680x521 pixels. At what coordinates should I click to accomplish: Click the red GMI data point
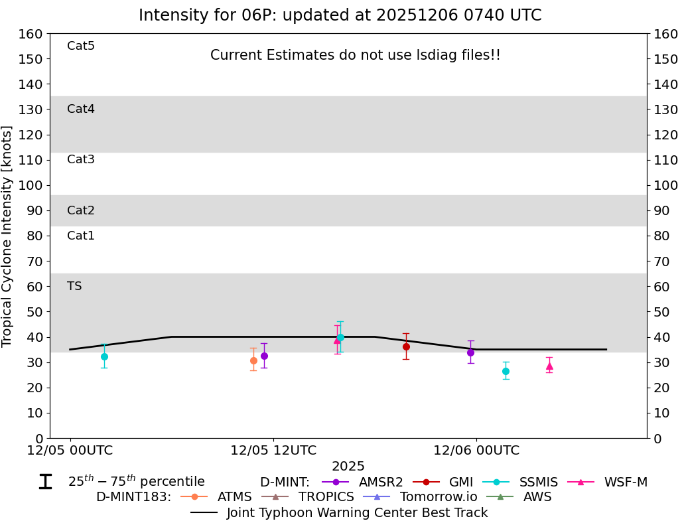(406, 346)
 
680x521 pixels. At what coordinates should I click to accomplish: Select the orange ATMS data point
(253, 360)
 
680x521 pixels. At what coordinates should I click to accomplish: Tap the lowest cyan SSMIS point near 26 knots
(506, 371)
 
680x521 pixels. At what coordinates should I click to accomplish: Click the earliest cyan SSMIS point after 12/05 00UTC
(104, 356)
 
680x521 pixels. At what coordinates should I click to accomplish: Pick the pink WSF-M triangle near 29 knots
(549, 366)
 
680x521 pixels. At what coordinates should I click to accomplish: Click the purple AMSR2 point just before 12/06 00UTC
(470, 352)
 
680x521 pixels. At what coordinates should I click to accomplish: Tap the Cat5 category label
(81, 46)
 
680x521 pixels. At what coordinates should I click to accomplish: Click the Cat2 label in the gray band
(81, 210)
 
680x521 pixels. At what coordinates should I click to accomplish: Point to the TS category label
(74, 286)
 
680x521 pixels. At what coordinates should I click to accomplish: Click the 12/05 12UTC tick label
(273, 450)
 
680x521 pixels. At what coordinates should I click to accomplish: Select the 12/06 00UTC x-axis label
(476, 450)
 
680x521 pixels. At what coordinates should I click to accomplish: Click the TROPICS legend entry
(326, 496)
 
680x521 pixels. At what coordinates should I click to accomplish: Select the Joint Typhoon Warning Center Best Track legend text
(357, 512)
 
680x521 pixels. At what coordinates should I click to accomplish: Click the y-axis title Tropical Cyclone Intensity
(8, 236)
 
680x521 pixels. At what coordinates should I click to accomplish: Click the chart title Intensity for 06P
(340, 15)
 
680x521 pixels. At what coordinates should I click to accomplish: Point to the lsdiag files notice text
(355, 55)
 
